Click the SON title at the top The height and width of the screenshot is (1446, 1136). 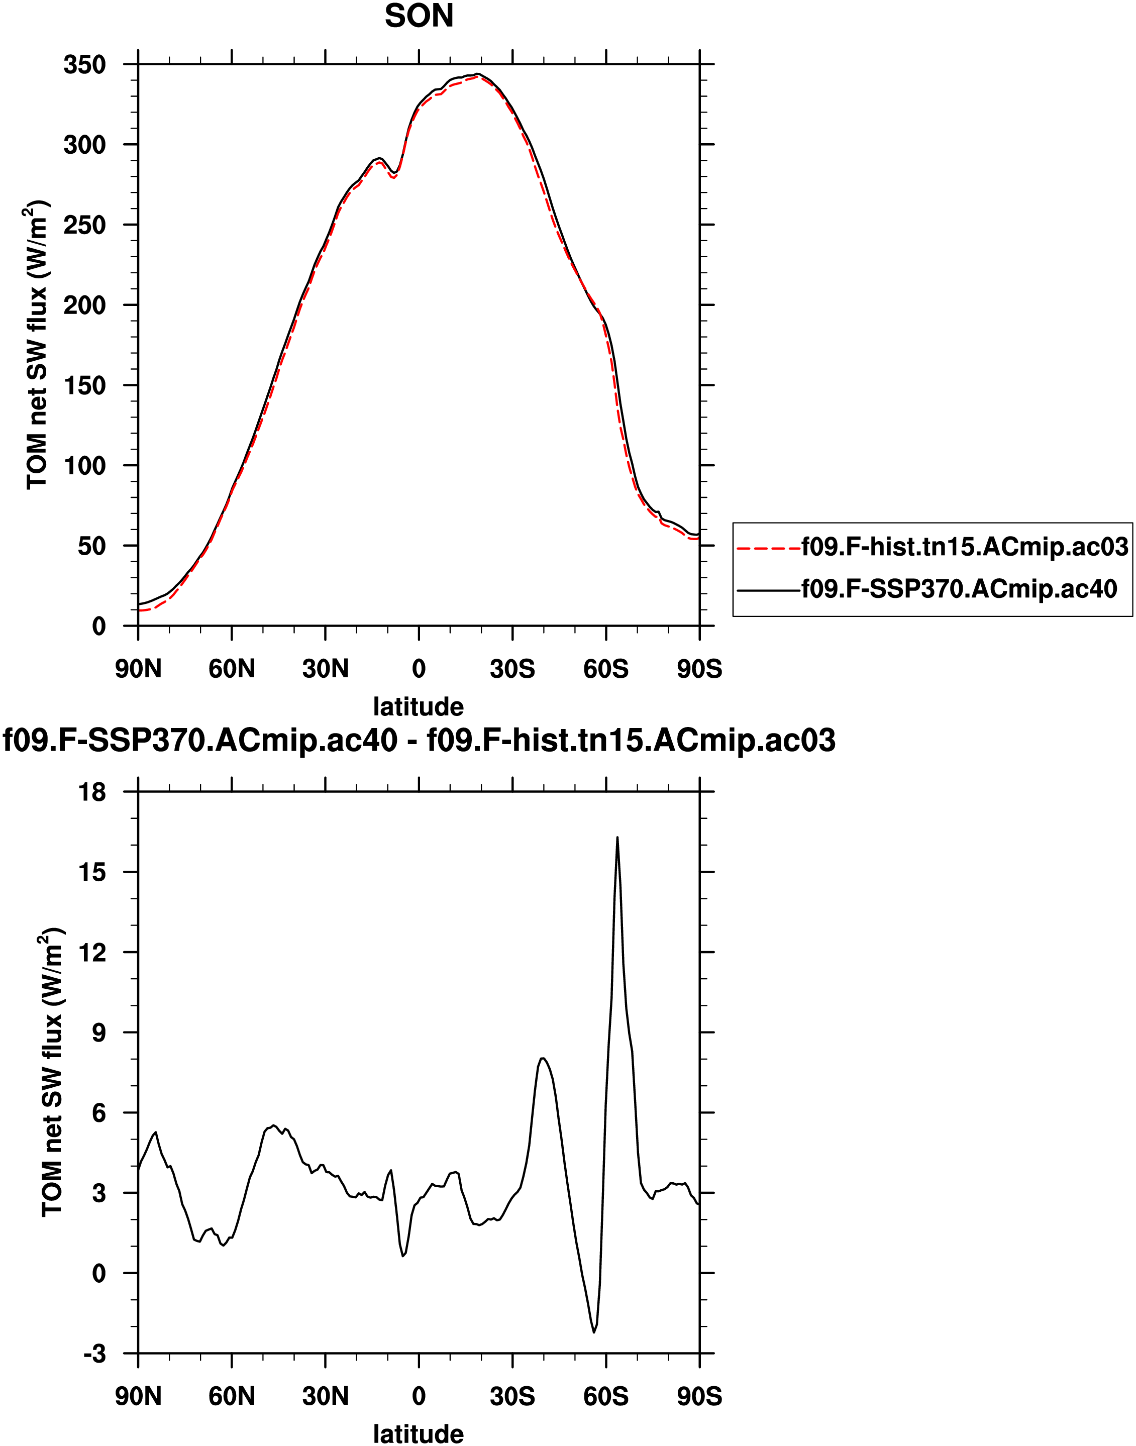click(x=419, y=16)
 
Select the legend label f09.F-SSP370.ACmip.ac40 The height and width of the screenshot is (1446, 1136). click(x=959, y=589)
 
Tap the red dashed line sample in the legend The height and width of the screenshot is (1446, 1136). click(x=769, y=548)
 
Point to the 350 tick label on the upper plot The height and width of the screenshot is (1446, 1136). click(x=84, y=64)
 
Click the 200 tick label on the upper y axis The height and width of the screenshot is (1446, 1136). click(x=84, y=305)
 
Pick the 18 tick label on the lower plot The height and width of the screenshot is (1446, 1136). click(x=92, y=792)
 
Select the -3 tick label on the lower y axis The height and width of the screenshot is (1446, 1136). click(x=94, y=1354)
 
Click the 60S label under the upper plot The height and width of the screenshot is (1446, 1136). click(x=606, y=668)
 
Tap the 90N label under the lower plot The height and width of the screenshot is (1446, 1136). click(x=138, y=1396)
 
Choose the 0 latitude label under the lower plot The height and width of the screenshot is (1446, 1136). click(x=419, y=1396)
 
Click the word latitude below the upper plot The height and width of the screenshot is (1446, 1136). click(x=419, y=706)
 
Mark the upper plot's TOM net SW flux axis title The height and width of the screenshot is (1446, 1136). click(x=37, y=346)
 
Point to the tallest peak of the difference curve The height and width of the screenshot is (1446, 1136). click(x=617, y=838)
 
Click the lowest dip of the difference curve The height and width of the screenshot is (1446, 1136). click(x=594, y=1332)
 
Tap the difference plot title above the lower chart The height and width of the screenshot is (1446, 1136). click(x=419, y=740)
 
